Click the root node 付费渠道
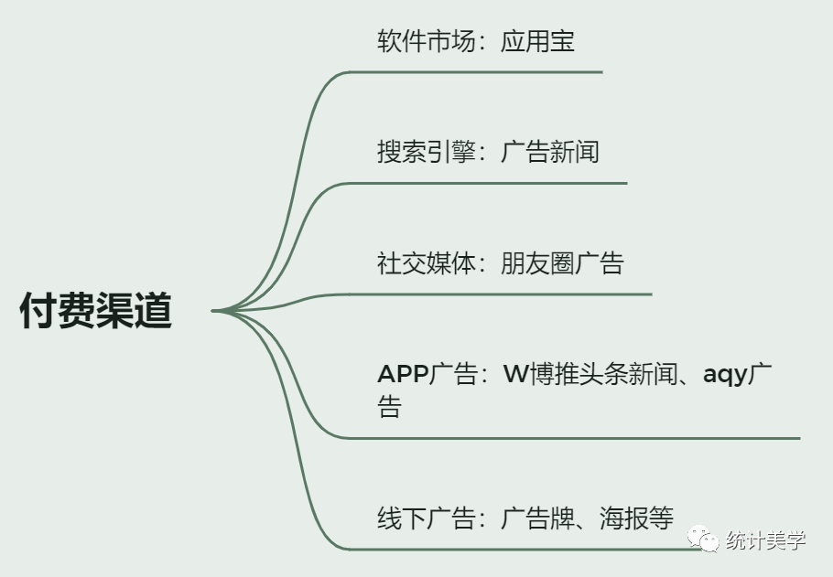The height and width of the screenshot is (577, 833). coord(96,312)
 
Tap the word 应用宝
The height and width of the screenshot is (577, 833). coord(537,41)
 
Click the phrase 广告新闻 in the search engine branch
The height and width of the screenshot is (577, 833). coord(549,152)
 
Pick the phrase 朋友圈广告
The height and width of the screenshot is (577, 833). coord(562,263)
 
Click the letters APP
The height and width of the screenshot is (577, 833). coord(402,375)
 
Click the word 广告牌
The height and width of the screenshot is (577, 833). coord(537,518)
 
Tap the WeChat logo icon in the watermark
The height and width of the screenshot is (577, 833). coord(704,540)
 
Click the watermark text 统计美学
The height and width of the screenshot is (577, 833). coord(765,540)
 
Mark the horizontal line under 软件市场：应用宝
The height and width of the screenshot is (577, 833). coord(476,71)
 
